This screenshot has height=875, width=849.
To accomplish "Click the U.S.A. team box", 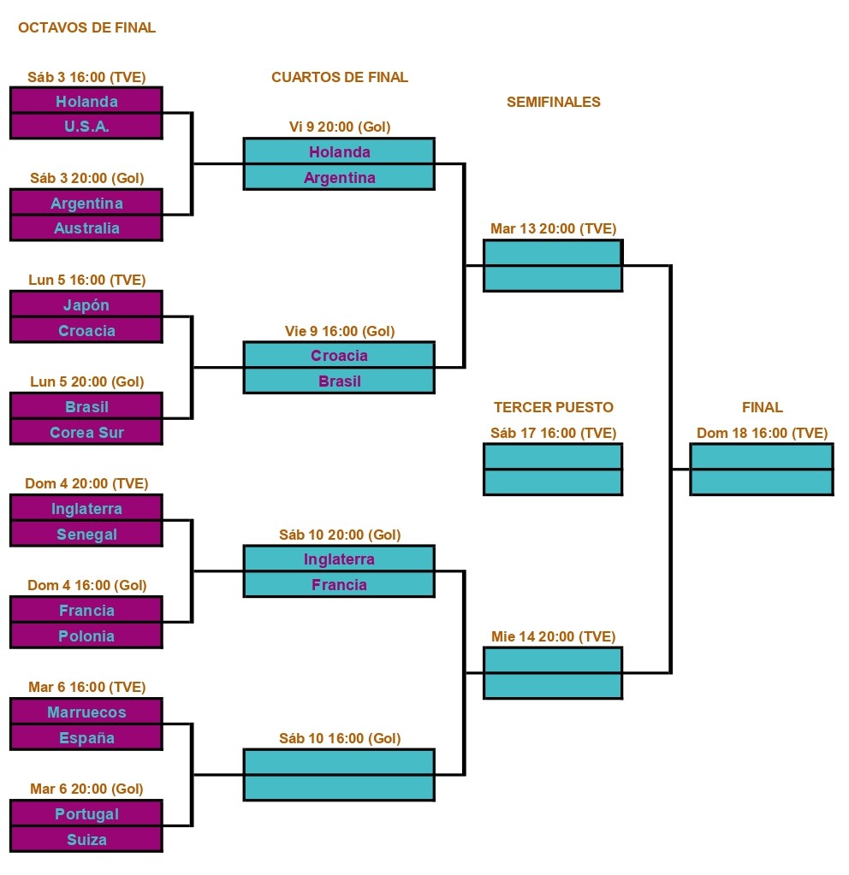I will click(x=86, y=127).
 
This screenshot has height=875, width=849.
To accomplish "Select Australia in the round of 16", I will click(x=86, y=228).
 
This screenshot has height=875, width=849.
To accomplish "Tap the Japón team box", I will click(x=86, y=304).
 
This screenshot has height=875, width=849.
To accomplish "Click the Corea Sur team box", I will click(x=86, y=432).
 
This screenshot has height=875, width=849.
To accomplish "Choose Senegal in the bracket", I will click(x=86, y=534).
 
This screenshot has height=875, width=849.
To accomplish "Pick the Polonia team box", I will click(x=86, y=636).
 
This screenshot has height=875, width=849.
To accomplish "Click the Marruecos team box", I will click(x=86, y=712).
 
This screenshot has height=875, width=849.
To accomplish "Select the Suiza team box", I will click(x=86, y=839).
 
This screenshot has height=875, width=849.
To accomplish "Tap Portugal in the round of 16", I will click(x=86, y=813).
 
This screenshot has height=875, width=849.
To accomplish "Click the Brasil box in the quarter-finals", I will click(x=339, y=381).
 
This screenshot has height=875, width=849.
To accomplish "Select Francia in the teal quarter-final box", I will click(x=339, y=584).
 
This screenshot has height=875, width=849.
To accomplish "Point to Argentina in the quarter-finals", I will click(x=339, y=177).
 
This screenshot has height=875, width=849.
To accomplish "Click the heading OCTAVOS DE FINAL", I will click(x=86, y=27).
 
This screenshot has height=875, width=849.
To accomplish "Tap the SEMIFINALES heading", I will click(x=553, y=102).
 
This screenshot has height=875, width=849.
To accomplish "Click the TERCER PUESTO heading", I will click(x=553, y=407).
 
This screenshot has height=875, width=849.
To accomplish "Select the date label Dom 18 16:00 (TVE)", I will click(x=762, y=433).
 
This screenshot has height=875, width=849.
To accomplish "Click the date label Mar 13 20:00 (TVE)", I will click(x=553, y=228).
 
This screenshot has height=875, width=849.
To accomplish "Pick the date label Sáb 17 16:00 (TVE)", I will click(x=553, y=433).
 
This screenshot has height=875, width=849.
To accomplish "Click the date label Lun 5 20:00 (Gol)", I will click(x=86, y=381).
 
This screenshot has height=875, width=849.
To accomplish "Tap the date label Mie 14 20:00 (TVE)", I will click(x=553, y=636).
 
